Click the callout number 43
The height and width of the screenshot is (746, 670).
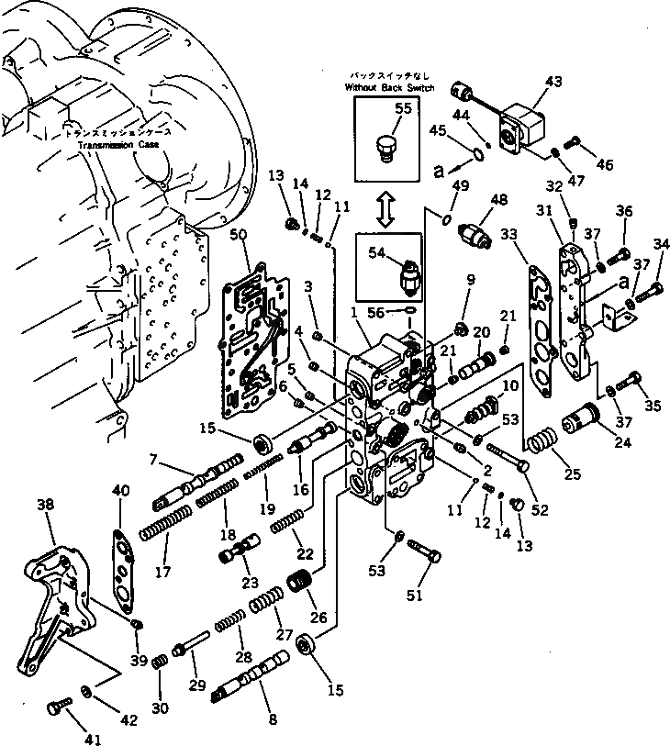tap(553, 82)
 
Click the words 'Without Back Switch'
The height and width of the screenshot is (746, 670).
tap(386, 86)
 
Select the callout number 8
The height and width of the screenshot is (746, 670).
tap(273, 719)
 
